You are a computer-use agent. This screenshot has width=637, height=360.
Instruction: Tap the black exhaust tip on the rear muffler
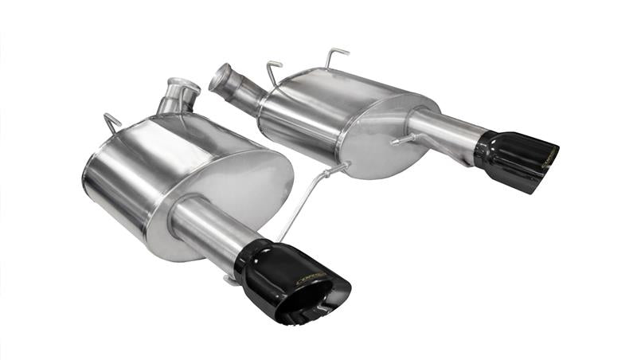point(514,155)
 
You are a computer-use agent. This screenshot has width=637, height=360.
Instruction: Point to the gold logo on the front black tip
point(311,278)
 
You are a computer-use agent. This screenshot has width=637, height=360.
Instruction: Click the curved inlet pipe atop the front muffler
point(177,96)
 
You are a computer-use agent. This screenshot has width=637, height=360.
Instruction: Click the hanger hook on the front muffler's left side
point(112,123)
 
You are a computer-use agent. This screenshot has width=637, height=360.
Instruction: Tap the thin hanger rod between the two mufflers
point(307,199)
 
